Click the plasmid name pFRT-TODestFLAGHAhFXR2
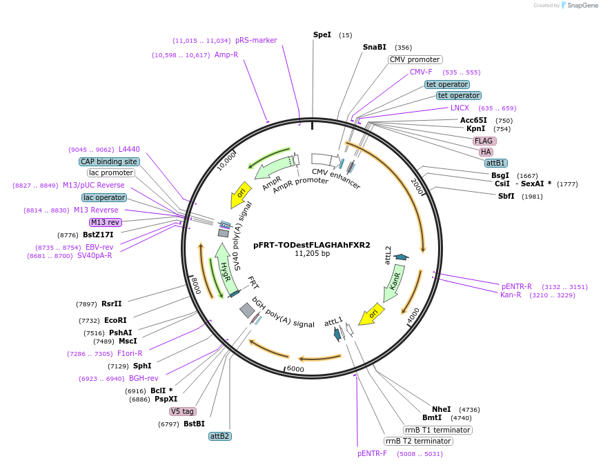tap(312, 244)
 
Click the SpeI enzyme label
tap(322, 34)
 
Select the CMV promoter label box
tap(415, 59)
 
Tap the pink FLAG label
tap(483, 141)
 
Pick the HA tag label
tap(486, 152)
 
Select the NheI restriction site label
tap(441, 409)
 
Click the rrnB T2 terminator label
tap(418, 441)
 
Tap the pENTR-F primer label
tap(372, 453)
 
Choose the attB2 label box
tap(219, 436)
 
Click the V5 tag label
tap(183, 411)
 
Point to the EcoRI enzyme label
tap(116, 320)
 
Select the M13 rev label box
tap(106, 222)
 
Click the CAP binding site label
tap(109, 161)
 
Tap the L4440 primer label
tap(129, 149)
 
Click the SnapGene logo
tap(578, 6)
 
